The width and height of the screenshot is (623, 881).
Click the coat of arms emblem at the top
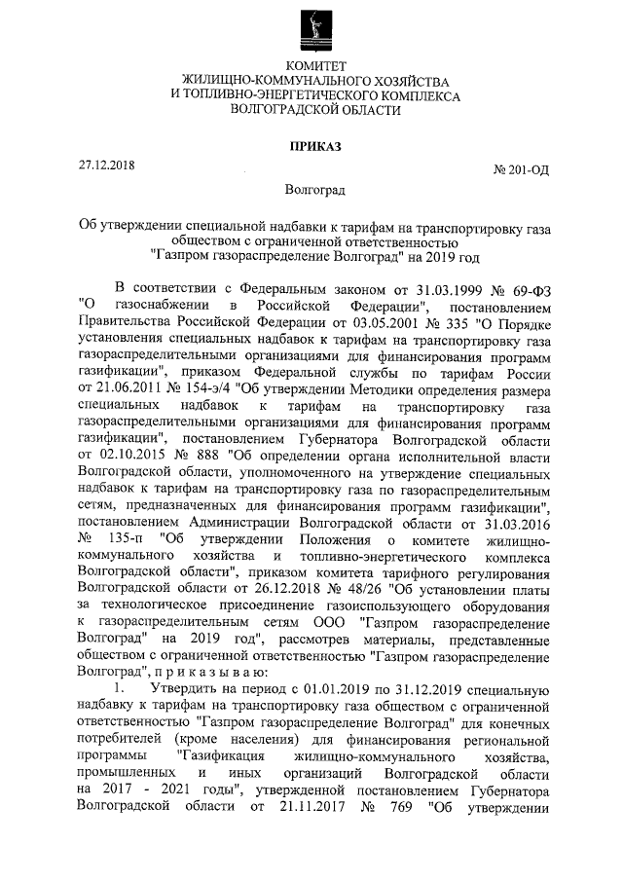click(311, 27)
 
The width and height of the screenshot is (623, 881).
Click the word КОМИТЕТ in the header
click(311, 65)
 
